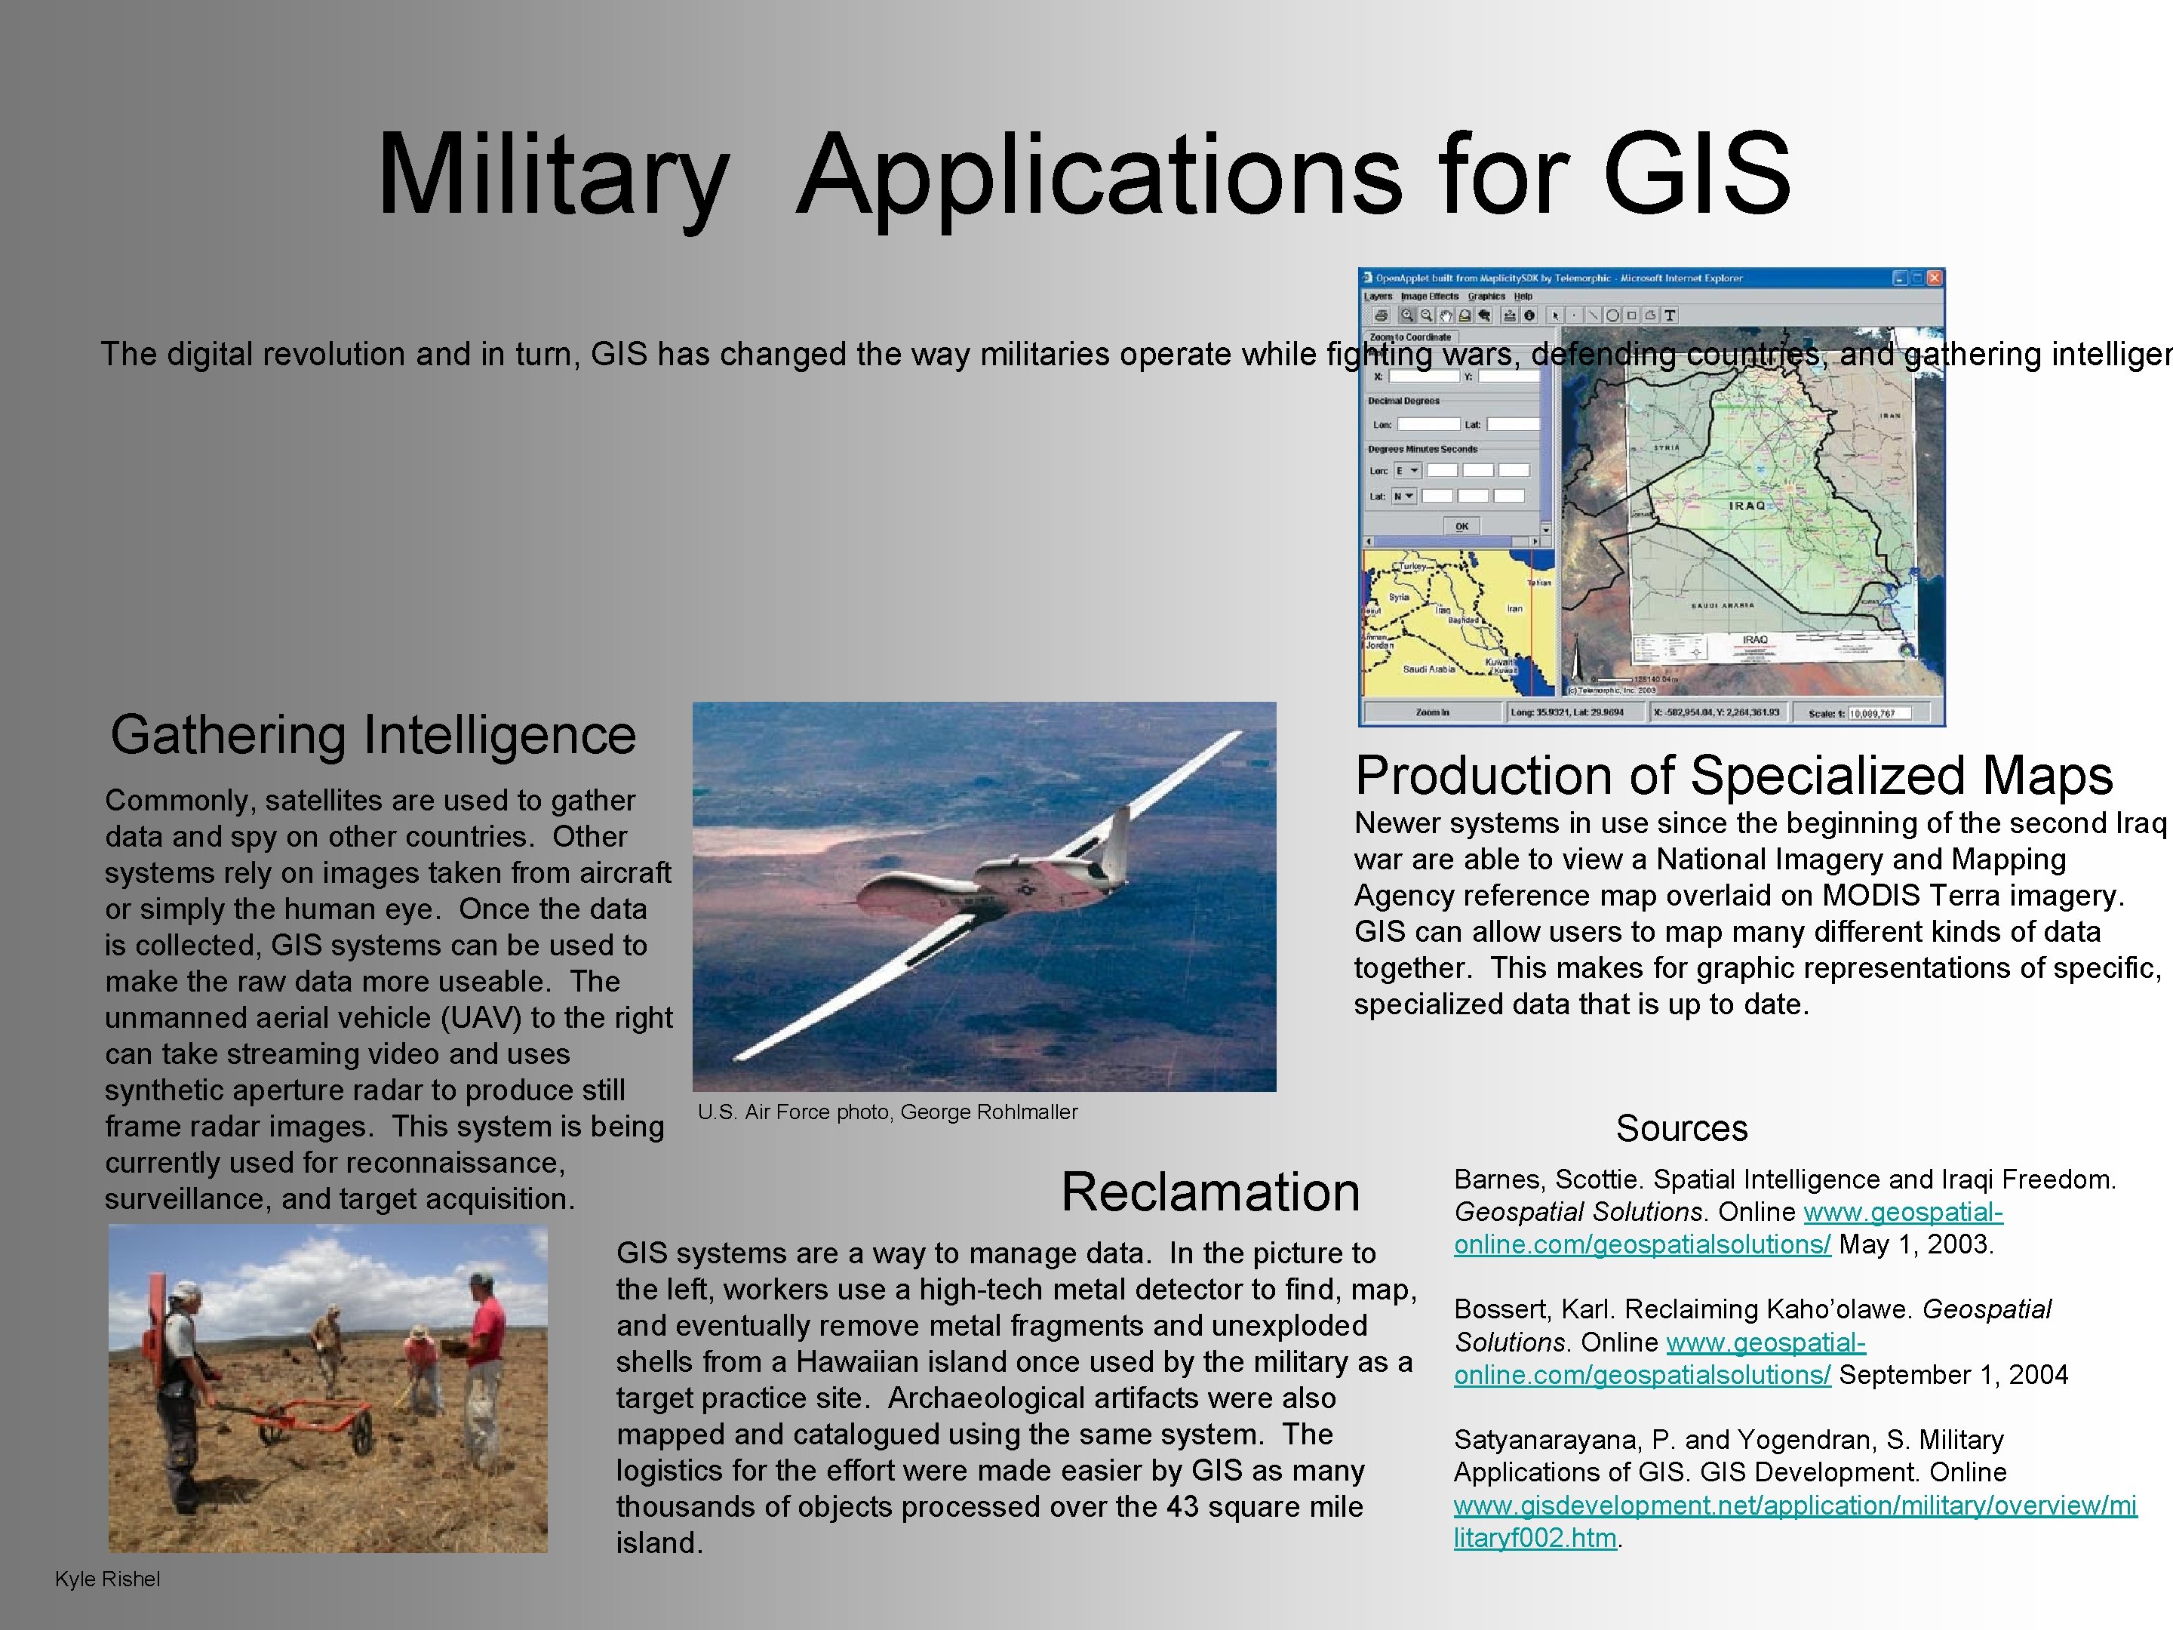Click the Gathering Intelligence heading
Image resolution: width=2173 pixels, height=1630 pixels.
pyautogui.click(x=373, y=735)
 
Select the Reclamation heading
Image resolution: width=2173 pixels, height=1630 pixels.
pyautogui.click(x=1210, y=1193)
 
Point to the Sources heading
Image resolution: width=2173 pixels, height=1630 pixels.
pyautogui.click(x=1682, y=1128)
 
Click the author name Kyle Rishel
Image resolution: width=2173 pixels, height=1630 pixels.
pyautogui.click(x=107, y=1579)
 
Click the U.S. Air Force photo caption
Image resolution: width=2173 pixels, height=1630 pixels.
pyautogui.click(x=887, y=1112)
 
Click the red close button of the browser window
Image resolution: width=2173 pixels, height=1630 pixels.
pyautogui.click(x=1933, y=278)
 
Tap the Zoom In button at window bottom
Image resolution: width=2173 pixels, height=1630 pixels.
pyautogui.click(x=1432, y=712)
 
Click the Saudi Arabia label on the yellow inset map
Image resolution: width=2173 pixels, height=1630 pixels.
pyautogui.click(x=1428, y=669)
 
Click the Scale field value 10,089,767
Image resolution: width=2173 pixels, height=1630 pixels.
pyautogui.click(x=1873, y=713)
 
